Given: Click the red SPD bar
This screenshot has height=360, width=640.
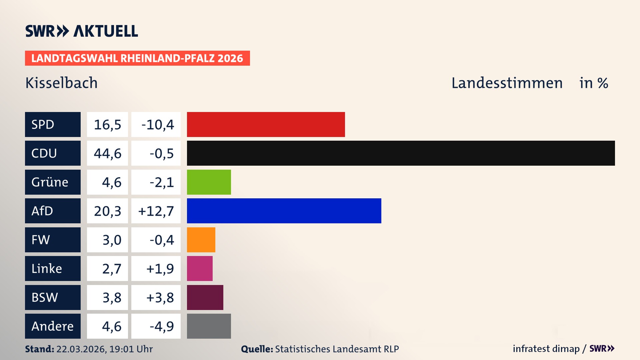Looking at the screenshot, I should tap(266, 124).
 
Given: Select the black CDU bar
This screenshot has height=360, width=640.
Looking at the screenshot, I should tap(401, 153).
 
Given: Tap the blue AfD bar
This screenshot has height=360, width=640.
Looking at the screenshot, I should tap(284, 211).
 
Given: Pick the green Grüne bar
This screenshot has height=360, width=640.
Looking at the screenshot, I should tap(209, 182).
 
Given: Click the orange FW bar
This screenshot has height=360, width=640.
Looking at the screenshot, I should tap(201, 240).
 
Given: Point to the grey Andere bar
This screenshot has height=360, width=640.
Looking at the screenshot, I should tap(209, 326).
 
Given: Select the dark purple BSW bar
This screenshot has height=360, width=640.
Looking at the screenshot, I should tap(205, 297).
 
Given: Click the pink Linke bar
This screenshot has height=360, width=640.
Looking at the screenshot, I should tap(200, 269).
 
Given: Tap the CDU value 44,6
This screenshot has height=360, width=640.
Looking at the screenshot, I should tap(107, 153).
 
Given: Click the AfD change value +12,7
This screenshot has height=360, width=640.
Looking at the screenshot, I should tap(156, 211).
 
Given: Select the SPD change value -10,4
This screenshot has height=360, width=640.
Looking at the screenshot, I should tap(157, 125).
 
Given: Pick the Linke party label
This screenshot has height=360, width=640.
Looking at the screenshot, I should tap(47, 269).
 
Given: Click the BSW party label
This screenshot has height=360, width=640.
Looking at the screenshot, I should tap(45, 297).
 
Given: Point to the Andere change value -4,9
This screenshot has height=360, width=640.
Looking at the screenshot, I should tap(161, 326).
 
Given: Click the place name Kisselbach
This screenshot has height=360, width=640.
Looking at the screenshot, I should tap(61, 83).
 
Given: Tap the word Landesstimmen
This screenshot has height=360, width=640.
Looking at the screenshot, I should tap(507, 83).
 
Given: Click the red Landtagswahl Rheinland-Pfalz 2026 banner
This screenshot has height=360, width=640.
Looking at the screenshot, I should tap(137, 58).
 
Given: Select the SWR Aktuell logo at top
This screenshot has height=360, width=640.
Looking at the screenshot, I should tap(82, 31).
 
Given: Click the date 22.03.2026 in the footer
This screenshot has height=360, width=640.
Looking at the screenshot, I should tap(81, 349).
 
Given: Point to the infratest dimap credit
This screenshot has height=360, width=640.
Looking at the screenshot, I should tap(546, 349).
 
